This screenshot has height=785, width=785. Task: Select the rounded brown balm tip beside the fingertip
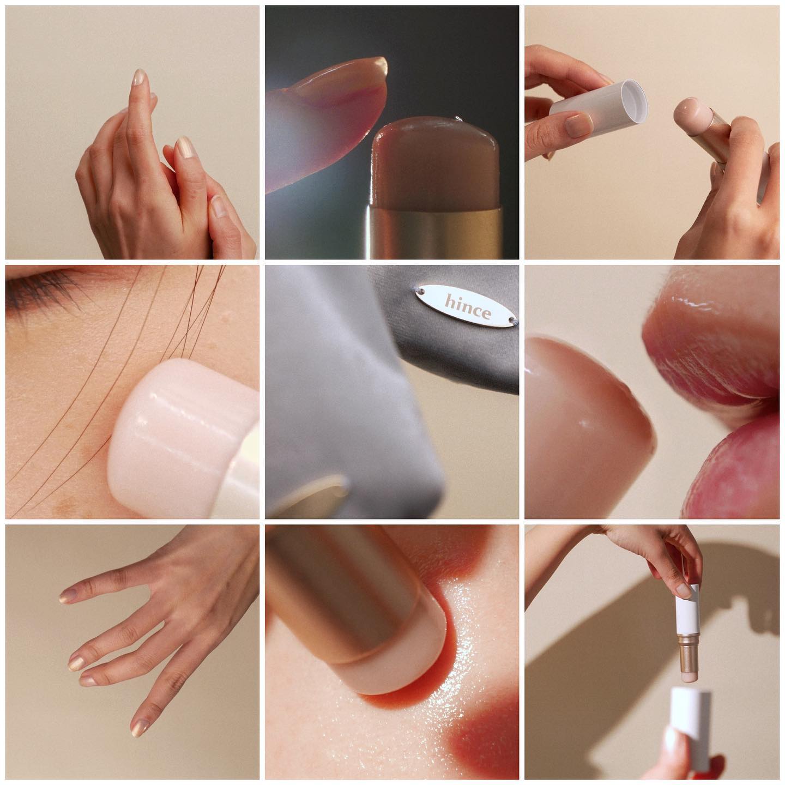(436, 161)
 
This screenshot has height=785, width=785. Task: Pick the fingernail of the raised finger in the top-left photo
(139, 77)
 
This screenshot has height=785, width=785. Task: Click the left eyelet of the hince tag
(421, 291)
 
